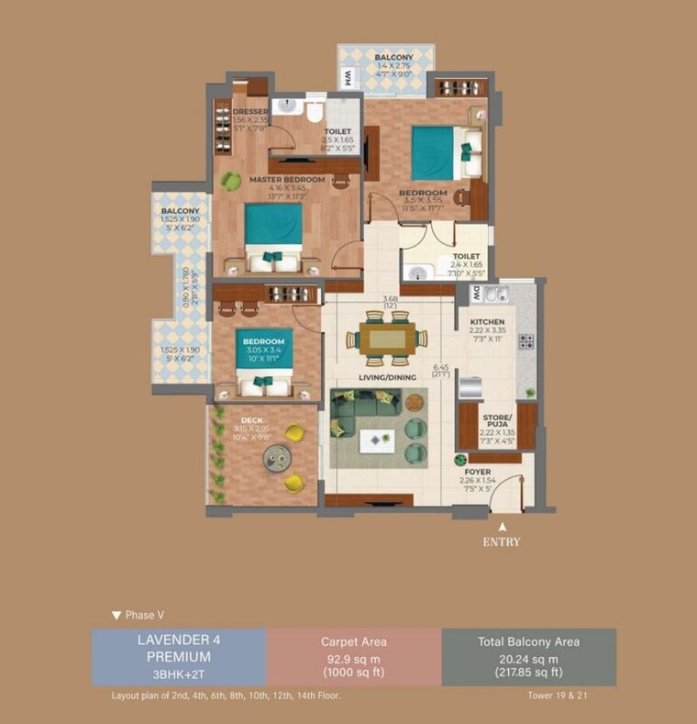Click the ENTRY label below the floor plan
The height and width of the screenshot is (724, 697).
[502, 541]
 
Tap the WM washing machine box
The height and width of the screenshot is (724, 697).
[348, 79]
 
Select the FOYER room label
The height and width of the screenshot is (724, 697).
[477, 471]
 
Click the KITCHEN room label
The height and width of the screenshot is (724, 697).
[487, 322]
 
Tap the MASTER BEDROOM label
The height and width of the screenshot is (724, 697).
[287, 180]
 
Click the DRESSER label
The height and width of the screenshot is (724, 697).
[249, 112]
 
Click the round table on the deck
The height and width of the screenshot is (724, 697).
[275, 456]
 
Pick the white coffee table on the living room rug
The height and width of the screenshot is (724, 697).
[376, 440]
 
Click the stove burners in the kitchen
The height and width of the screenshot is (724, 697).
[526, 341]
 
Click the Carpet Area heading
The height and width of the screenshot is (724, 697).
[353, 642]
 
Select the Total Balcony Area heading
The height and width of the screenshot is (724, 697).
[528, 642]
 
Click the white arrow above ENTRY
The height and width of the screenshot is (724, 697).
[502, 527]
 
